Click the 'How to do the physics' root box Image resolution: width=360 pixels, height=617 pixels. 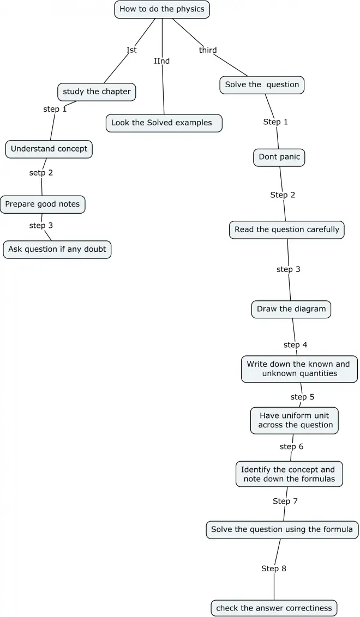[162, 9]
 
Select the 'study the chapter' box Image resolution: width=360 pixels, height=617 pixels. [97, 92]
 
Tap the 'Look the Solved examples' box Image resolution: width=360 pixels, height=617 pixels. [164, 123]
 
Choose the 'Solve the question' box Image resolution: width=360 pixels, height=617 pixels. [262, 84]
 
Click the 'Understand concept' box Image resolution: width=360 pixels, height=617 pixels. [49, 149]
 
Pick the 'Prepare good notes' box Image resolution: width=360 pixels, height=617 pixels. [43, 204]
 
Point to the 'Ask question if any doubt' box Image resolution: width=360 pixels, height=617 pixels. [57, 249]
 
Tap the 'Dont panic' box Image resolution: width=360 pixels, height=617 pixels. [279, 157]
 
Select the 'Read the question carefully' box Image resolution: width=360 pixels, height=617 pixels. [286, 229]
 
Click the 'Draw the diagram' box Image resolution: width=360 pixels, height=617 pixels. [291, 309]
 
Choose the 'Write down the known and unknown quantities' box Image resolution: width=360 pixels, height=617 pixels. [299, 369]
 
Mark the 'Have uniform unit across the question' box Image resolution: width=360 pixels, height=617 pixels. [295, 420]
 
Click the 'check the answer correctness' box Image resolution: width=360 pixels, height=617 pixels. [274, 608]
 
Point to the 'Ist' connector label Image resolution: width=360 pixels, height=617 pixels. [131, 50]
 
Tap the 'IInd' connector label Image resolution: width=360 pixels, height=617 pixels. [162, 61]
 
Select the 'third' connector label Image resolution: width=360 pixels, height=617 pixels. [208, 50]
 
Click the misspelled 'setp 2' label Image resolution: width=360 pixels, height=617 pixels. [41, 173]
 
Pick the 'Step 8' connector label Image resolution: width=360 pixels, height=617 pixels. [274, 568]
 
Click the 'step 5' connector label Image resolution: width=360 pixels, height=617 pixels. [302, 397]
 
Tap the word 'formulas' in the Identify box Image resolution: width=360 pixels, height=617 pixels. [317, 479]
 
